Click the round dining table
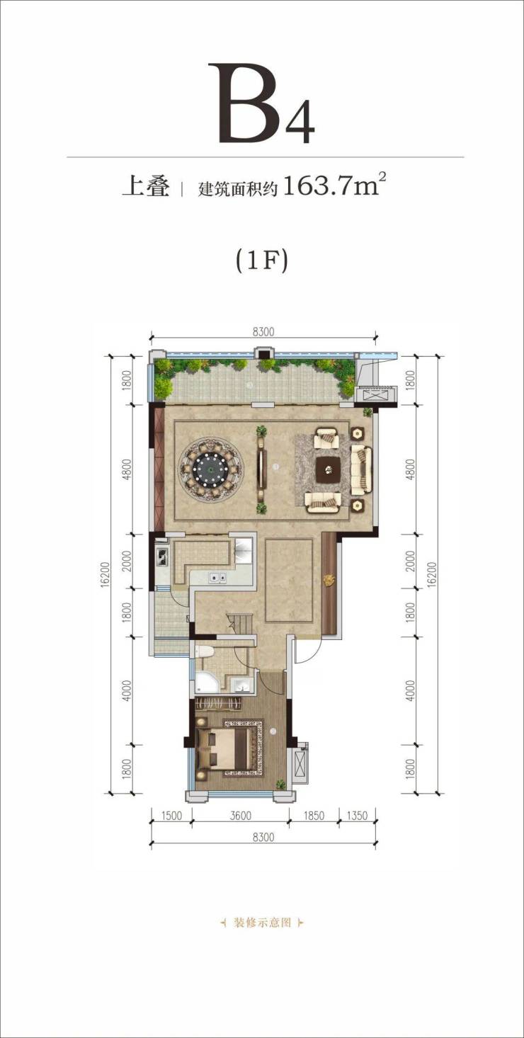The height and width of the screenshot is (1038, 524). click(211, 469)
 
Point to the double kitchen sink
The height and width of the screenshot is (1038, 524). click(217, 578)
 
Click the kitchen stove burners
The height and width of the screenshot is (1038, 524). click(161, 556)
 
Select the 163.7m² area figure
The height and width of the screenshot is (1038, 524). click(334, 186)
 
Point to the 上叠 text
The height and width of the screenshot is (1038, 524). click(146, 188)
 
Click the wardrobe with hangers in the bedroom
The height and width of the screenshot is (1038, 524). click(220, 702)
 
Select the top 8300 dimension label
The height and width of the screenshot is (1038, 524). click(263, 332)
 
